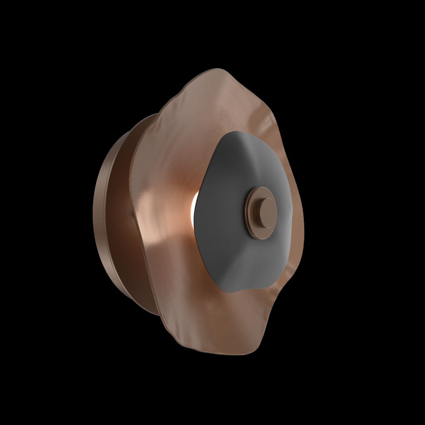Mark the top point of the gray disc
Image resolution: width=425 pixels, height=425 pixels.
238,132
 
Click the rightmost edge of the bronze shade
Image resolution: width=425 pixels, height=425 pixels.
303,212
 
